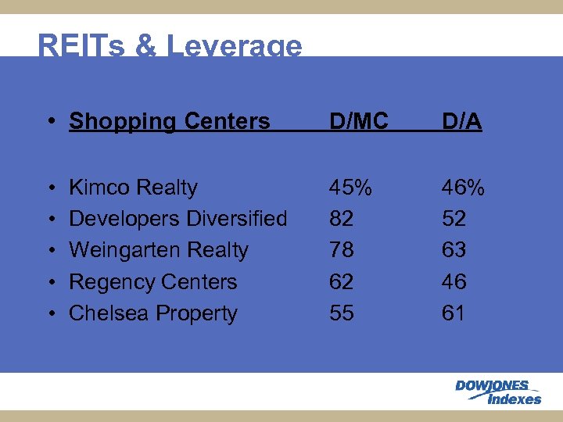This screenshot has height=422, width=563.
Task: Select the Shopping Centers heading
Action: pyautogui.click(x=169, y=121)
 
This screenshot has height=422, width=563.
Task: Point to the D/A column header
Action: pyautogui.click(x=461, y=121)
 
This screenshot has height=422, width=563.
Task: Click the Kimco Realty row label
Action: pyautogui.click(x=133, y=188)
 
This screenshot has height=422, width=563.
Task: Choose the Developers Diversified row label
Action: pyautogui.click(x=178, y=219)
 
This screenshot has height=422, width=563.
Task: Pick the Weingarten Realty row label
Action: pyautogui.click(x=158, y=250)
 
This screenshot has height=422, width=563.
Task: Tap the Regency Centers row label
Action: pyautogui.click(x=152, y=281)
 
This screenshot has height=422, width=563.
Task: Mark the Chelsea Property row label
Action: pyautogui.click(x=152, y=313)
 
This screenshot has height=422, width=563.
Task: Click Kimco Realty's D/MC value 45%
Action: pyautogui.click(x=351, y=188)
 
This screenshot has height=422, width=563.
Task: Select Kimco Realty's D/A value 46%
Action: pyautogui.click(x=464, y=188)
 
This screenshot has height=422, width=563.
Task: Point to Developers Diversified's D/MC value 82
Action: pyautogui.click(x=342, y=219)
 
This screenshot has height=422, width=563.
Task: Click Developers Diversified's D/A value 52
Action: pyautogui.click(x=454, y=219)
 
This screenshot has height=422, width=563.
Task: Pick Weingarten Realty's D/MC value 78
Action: pyautogui.click(x=342, y=250)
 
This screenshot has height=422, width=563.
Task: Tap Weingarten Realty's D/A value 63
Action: pyautogui.click(x=454, y=250)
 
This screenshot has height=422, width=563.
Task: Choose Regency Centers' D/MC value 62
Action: pyautogui.click(x=342, y=281)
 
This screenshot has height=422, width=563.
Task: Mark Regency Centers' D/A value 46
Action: pyautogui.click(x=454, y=281)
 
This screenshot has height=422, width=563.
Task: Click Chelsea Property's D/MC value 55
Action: pyautogui.click(x=342, y=313)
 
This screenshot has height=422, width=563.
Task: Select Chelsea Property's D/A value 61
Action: pyautogui.click(x=454, y=313)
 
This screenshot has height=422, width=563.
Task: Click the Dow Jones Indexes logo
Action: pyautogui.click(x=498, y=392)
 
